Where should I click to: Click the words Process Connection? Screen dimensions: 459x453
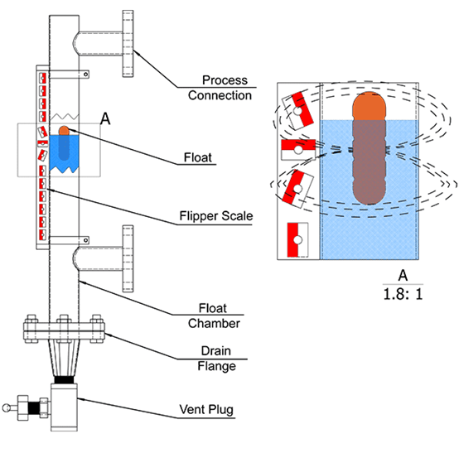coord(220,88)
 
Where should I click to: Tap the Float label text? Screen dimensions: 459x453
coord(197,157)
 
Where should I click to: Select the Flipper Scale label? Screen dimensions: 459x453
coord(216,216)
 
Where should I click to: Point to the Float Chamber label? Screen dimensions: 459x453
coord(214,316)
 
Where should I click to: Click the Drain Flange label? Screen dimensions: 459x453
coord(216,359)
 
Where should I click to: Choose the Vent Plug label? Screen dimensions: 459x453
coord(206,410)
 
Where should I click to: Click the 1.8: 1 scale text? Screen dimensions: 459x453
coord(403,294)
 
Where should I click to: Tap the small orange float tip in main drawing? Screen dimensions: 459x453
coord(64,131)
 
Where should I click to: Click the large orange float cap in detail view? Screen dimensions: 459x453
coord(370,106)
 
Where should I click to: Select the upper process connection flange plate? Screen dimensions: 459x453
coord(128,44)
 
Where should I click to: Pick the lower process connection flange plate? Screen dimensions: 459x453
coord(128,258)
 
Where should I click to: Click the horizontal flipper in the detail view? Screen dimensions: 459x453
coord(298,150)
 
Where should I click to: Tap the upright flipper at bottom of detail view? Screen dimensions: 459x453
coord(297,240)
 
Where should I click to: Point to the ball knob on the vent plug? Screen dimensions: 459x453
coord(6,407)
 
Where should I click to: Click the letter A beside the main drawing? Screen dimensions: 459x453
coord(105,118)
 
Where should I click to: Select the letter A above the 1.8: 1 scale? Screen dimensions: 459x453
coord(403,276)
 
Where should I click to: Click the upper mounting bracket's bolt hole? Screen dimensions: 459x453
coord(86,75)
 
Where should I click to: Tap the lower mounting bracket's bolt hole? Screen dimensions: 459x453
coord(86,240)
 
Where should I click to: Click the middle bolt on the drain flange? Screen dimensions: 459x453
coord(64,328)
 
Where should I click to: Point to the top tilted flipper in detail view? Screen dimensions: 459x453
coord(297,111)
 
